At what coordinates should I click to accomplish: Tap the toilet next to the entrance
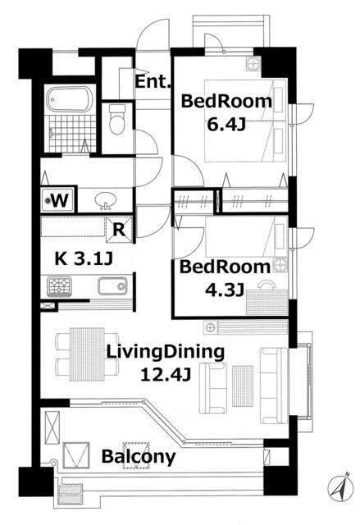pyautogui.click(x=117, y=119)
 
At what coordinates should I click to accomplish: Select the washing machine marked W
pyautogui.click(x=59, y=200)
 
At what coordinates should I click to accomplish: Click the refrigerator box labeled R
pyautogui.click(x=119, y=230)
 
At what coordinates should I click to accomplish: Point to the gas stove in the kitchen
pyautogui.click(x=60, y=286)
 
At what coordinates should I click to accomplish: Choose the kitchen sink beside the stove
pyautogui.click(x=112, y=286)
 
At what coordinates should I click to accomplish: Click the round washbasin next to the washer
pyautogui.click(x=106, y=201)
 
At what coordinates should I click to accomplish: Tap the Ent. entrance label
pyautogui.click(x=153, y=81)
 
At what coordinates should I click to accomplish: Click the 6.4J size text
pyautogui.click(x=226, y=125)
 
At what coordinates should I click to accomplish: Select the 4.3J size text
pyautogui.click(x=224, y=290)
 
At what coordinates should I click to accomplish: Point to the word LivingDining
pyautogui.click(x=165, y=353)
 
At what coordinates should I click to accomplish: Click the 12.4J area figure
pyautogui.click(x=166, y=375)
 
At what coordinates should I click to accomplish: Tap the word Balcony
pyautogui.click(x=139, y=457)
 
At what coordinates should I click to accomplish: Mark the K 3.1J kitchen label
pyautogui.click(x=84, y=258)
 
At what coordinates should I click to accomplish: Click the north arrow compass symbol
pyautogui.click(x=341, y=486)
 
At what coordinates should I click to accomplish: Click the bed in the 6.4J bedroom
pyautogui.click(x=245, y=121)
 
